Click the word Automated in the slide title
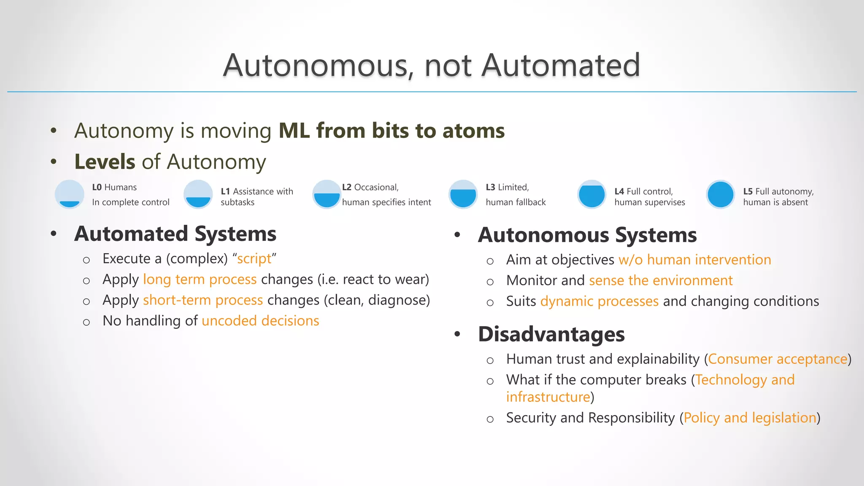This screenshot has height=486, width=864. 561,65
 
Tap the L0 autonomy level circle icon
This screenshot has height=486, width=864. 70,194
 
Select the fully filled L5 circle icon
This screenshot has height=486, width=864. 720,194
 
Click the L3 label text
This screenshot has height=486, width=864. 490,187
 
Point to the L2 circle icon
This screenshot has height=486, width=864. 327,194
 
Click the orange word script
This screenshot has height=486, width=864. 254,259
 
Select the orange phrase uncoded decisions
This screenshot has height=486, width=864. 260,321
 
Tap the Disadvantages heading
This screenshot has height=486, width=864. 551,334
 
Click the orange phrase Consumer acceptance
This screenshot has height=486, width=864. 778,359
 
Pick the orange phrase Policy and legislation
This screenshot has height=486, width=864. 750,418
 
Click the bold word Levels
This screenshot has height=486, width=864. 105,162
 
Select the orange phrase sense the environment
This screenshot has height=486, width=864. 661,281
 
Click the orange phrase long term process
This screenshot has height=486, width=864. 200,280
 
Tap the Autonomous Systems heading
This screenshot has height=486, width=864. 587,235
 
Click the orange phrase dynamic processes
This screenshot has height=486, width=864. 599,301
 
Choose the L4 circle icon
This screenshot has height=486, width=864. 591,194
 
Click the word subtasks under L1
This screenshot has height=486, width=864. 238,202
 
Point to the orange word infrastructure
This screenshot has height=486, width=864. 548,397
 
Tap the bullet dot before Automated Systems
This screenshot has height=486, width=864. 54,234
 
